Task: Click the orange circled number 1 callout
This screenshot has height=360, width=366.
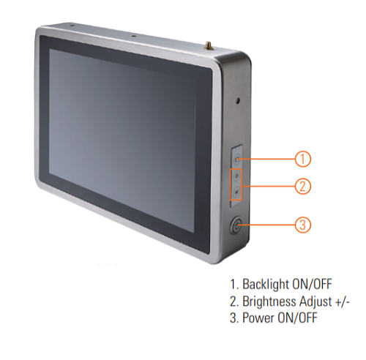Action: click(302, 159)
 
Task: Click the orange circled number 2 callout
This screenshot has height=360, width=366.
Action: click(302, 187)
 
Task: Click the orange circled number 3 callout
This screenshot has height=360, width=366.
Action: click(302, 225)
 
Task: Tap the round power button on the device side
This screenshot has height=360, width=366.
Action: click(236, 225)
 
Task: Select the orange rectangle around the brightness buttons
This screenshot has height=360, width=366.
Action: click(236, 184)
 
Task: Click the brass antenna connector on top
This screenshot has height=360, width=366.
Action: click(209, 45)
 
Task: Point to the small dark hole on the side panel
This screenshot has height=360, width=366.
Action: click(238, 100)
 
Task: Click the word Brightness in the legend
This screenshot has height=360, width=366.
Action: click(269, 301)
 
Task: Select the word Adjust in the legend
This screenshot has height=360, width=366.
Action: click(315, 301)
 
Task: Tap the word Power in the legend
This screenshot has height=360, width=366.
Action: click(258, 318)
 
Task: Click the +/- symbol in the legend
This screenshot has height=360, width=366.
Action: click(343, 302)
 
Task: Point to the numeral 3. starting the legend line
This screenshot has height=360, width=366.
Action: click(234, 318)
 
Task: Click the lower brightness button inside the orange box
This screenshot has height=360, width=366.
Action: click(236, 192)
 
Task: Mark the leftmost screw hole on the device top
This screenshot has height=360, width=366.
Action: click(72, 25)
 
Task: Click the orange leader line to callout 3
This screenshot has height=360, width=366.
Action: click(266, 225)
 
